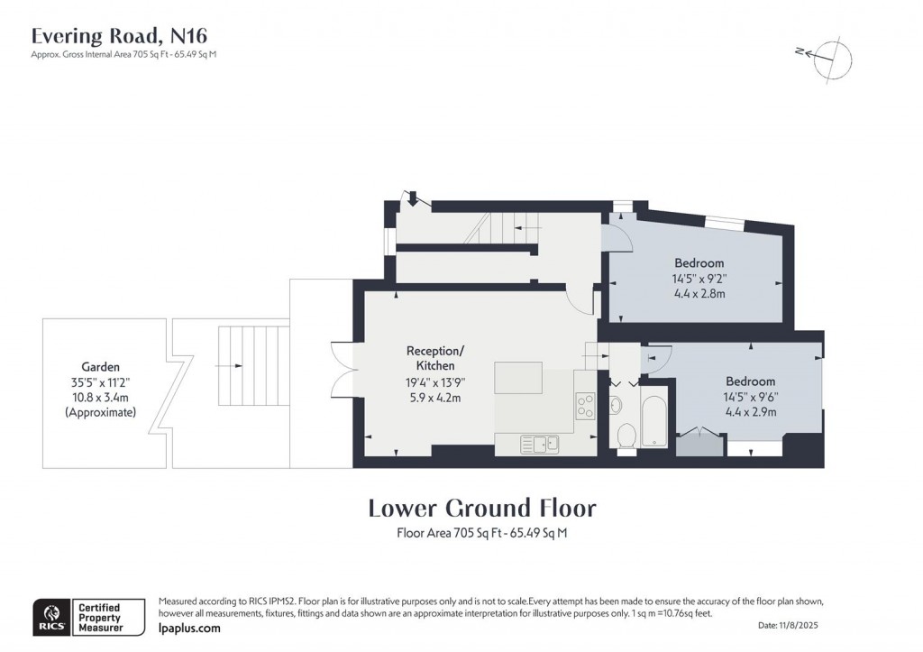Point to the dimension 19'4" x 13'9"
click(x=435, y=381)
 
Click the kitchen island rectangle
click(x=518, y=377)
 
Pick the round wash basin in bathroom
click(x=616, y=402)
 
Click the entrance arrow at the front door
click(x=413, y=197)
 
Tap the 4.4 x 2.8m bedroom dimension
click(x=699, y=293)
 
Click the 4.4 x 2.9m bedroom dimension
click(x=750, y=411)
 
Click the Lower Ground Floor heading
click(x=481, y=508)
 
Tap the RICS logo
click(x=49, y=616)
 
